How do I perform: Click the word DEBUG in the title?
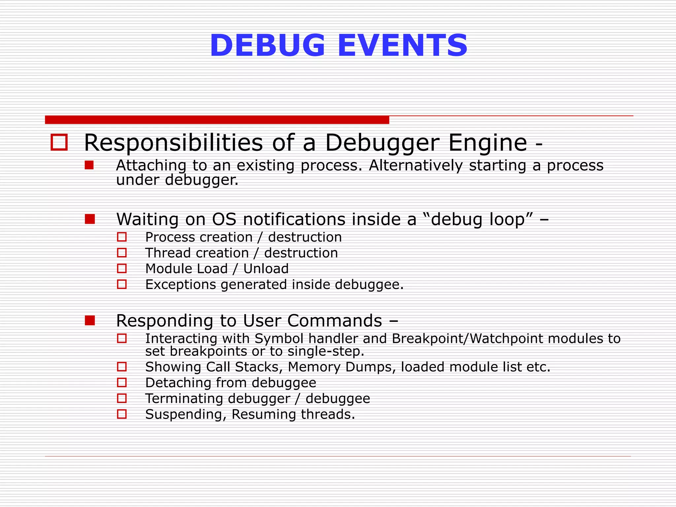(267, 46)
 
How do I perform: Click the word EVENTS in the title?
(402, 46)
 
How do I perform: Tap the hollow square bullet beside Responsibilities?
(59, 142)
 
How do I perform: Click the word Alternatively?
(416, 165)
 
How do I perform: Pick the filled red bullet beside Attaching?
(89, 165)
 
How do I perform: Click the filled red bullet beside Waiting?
(90, 219)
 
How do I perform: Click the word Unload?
(266, 269)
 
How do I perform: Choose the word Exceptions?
(180, 285)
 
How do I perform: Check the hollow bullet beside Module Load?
(122, 268)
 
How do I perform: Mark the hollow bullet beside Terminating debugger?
(122, 398)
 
